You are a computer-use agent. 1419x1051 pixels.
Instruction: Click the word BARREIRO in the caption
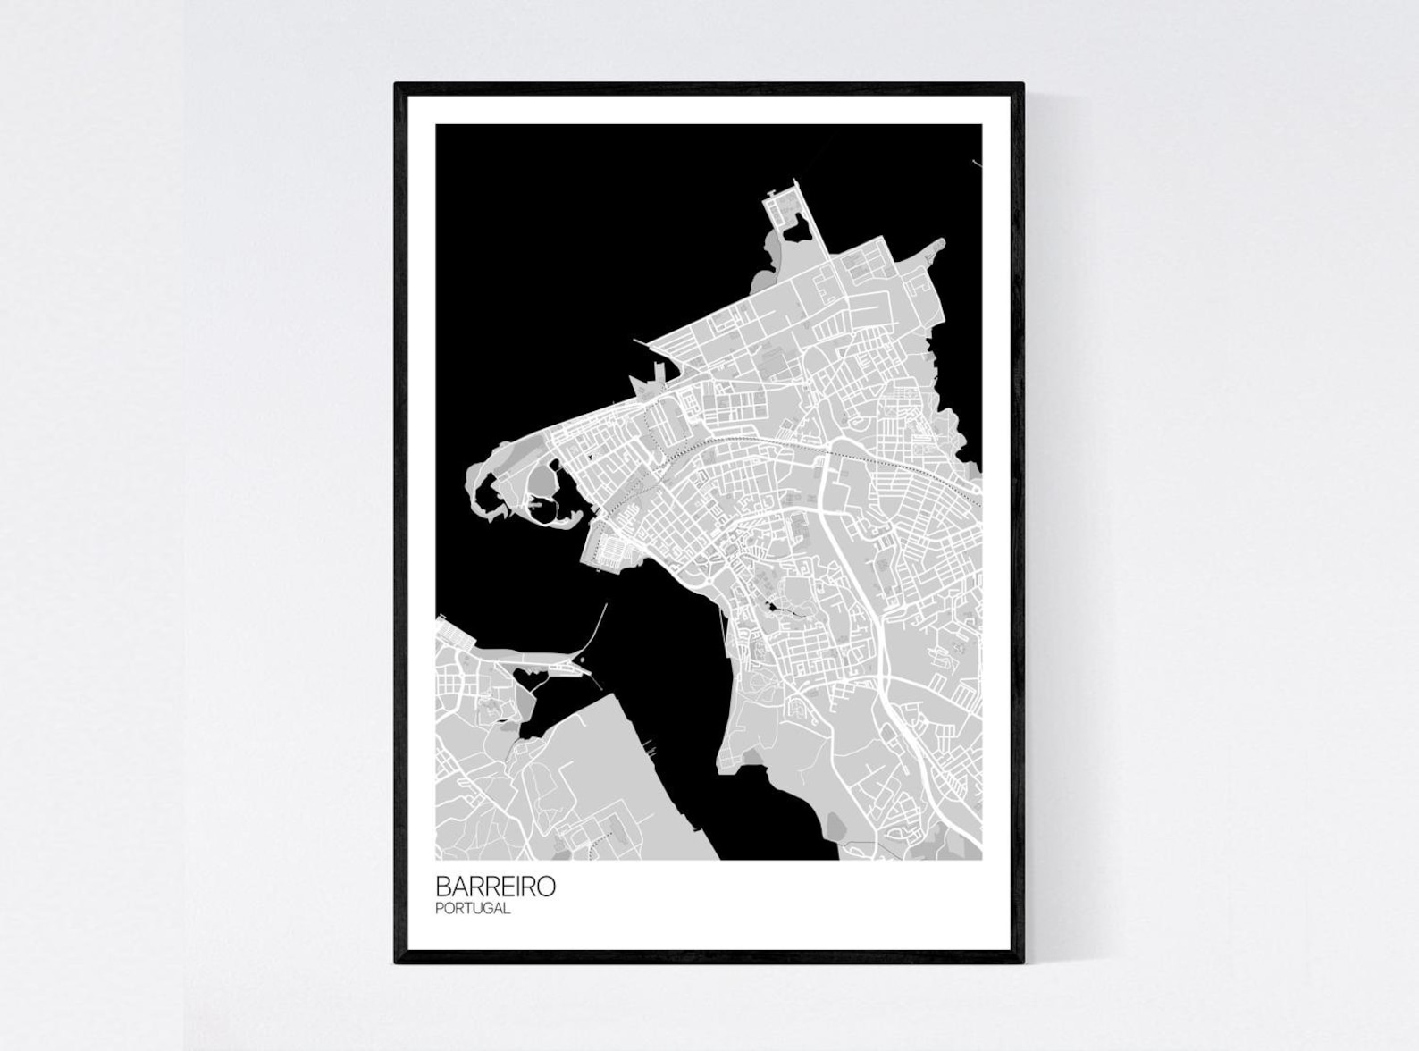coord(495,887)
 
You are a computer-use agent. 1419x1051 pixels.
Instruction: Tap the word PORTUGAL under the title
coord(473,909)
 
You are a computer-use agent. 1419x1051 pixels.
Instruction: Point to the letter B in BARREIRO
coord(442,887)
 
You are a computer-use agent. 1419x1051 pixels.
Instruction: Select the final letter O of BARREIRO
coord(547,887)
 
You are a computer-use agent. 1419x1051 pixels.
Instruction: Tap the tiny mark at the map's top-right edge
coord(976,163)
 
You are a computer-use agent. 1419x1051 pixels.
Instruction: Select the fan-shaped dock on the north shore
coord(645,384)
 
